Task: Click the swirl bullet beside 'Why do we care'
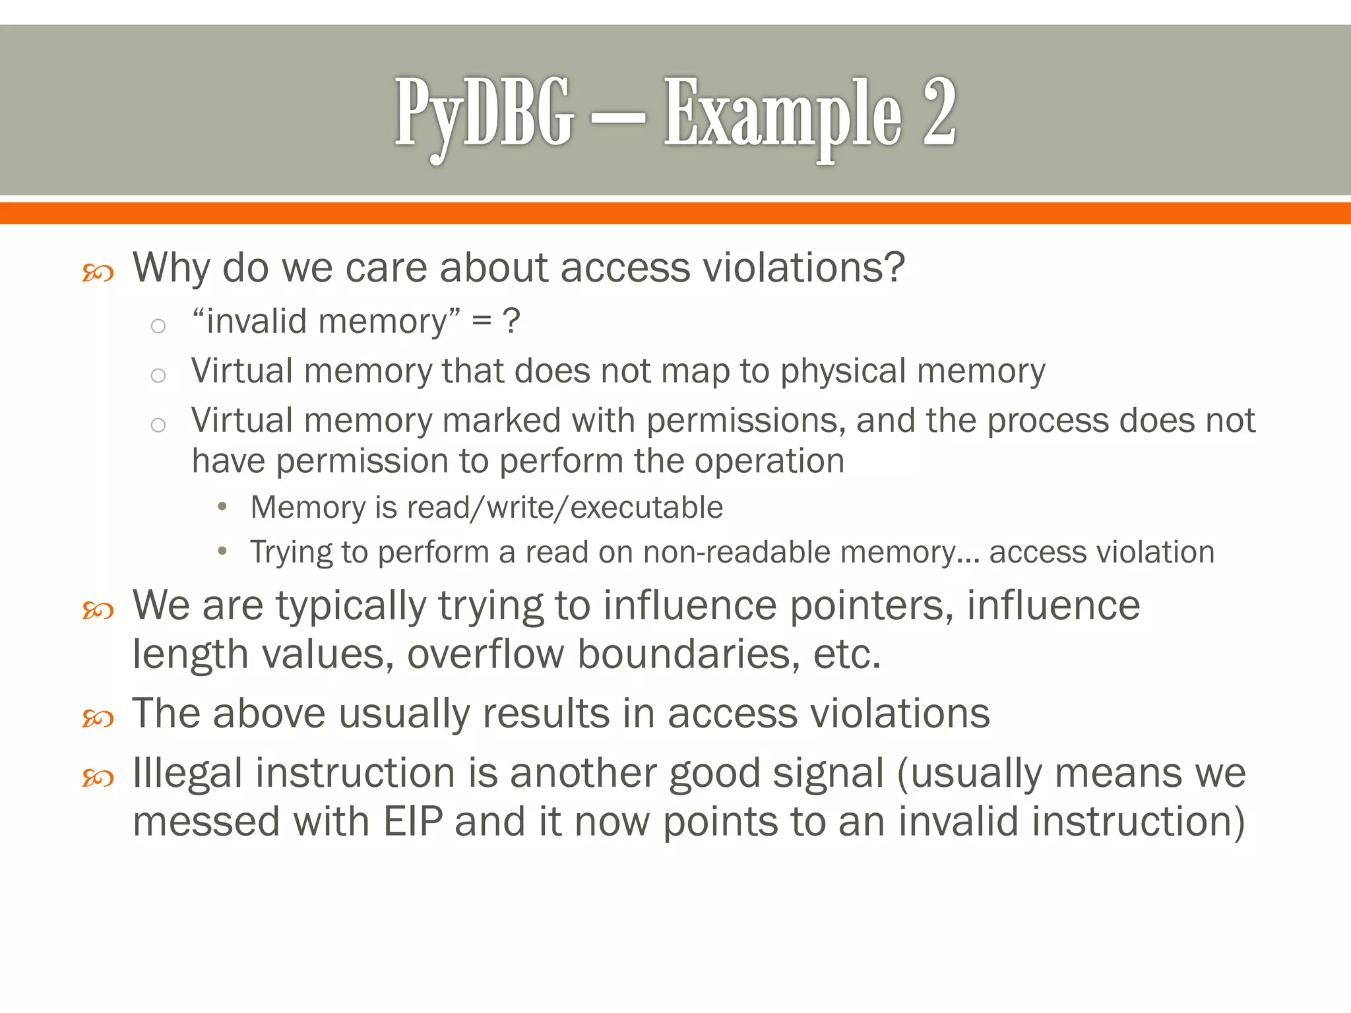[98, 272]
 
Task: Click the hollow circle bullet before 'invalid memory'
[158, 325]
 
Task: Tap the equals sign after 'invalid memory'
[482, 321]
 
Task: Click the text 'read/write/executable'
[565, 508]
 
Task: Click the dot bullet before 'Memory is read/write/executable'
[222, 506]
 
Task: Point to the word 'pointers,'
[871, 605]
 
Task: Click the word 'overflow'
[486, 654]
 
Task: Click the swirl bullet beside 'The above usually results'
[98, 718]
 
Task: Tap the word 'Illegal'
[187, 773]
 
